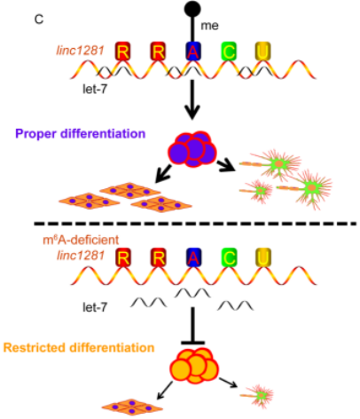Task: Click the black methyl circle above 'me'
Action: pyautogui.click(x=192, y=8)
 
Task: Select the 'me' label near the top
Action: pyautogui.click(x=209, y=26)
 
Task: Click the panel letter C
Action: pyautogui.click(x=39, y=20)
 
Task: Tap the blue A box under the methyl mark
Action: pyautogui.click(x=193, y=51)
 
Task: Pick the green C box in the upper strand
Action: pyautogui.click(x=229, y=51)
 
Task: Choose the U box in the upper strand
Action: pyautogui.click(x=262, y=51)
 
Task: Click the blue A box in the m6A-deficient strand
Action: pyautogui.click(x=193, y=257)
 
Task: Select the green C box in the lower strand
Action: pyautogui.click(x=229, y=257)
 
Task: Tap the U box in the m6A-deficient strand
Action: pyautogui.click(x=262, y=257)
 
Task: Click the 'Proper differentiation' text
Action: pyautogui.click(x=81, y=134)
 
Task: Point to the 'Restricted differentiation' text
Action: pyautogui.click(x=79, y=347)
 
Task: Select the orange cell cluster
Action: pyautogui.click(x=194, y=366)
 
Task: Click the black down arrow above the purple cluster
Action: pyautogui.click(x=192, y=99)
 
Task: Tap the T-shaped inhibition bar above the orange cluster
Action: pyautogui.click(x=192, y=326)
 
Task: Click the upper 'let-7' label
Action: pyautogui.click(x=95, y=89)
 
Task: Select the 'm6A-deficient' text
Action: pyautogui.click(x=81, y=240)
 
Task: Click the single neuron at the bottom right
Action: pyautogui.click(x=257, y=395)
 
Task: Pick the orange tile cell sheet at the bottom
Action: pyautogui.click(x=132, y=407)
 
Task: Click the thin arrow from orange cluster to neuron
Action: pyautogui.click(x=228, y=383)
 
